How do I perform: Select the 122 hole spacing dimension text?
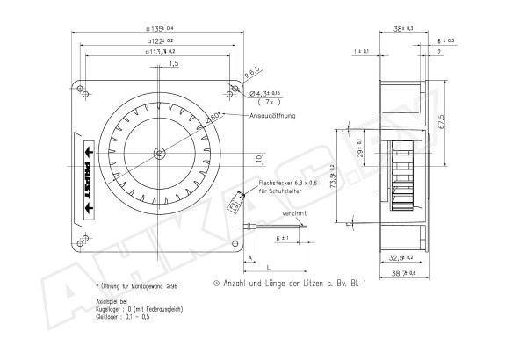coord(159,40)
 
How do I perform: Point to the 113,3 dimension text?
coord(159,52)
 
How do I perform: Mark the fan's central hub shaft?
coord(159,153)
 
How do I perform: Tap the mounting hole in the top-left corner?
coord(83,88)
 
